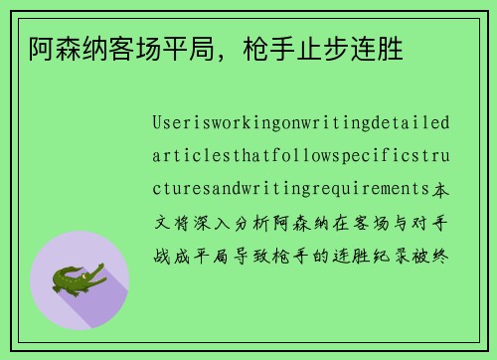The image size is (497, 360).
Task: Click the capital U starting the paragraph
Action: pos(158,124)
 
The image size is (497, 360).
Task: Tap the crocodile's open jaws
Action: pos(98,270)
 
